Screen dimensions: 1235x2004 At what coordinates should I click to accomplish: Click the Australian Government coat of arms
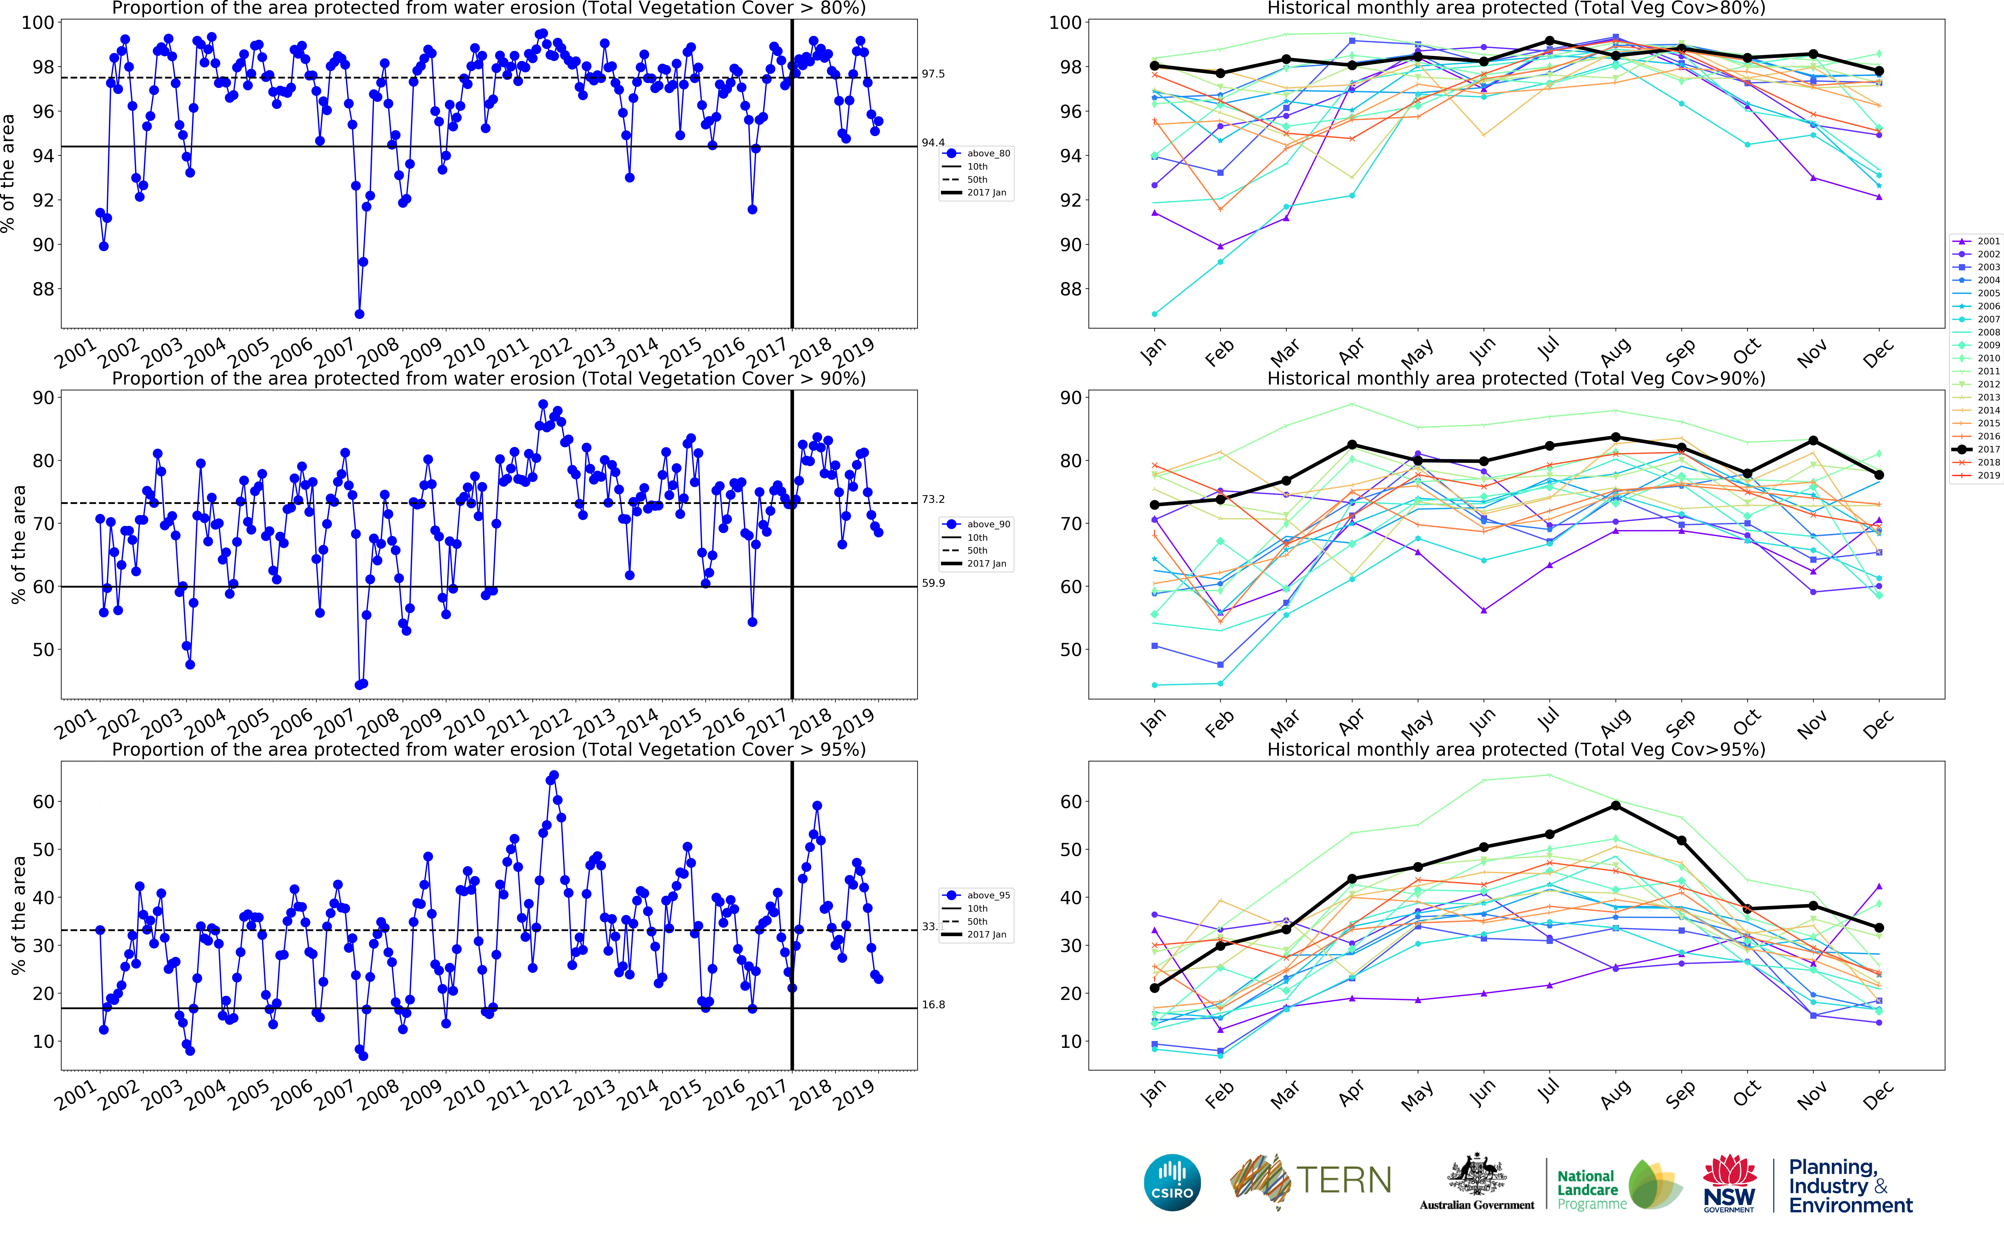point(1477,1176)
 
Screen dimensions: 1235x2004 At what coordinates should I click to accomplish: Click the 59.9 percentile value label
point(933,583)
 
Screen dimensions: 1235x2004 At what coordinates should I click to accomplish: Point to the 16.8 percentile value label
point(933,1005)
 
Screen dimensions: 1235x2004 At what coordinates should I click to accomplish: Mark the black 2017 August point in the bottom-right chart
point(1616,805)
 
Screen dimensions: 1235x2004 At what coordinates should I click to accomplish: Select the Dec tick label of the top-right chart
point(1877,353)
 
